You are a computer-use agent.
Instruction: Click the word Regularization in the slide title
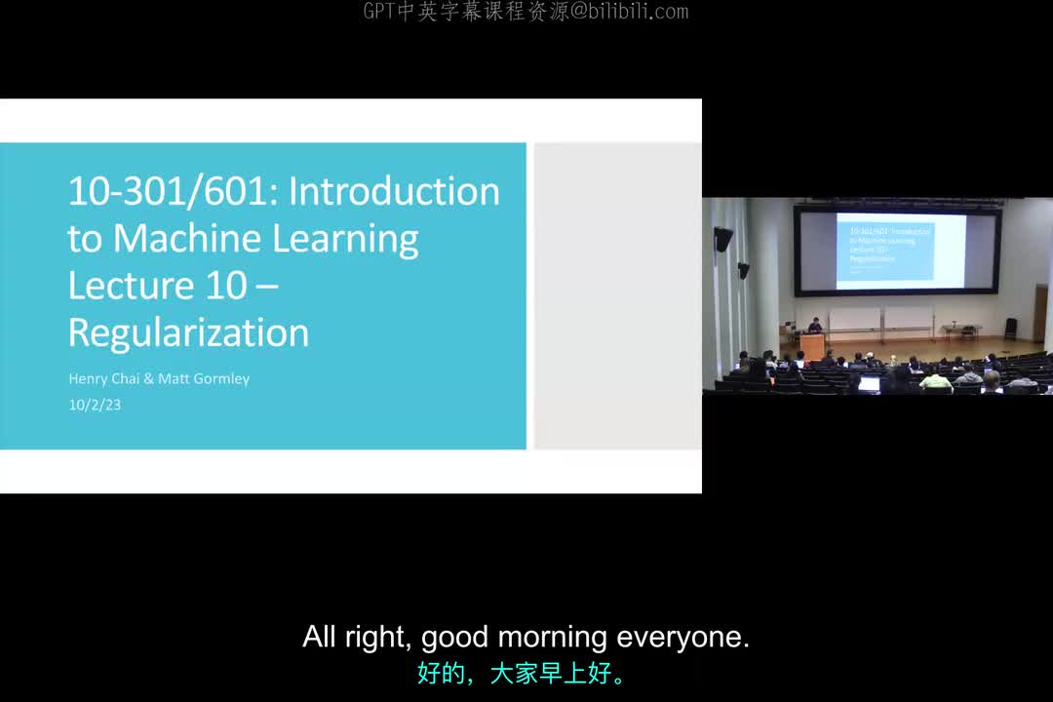tap(188, 333)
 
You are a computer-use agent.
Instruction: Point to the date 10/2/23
tap(95, 405)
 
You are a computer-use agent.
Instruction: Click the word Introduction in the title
tap(394, 191)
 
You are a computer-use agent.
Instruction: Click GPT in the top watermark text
tap(379, 12)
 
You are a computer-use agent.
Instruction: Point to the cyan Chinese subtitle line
tap(526, 674)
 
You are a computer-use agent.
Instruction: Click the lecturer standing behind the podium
tap(814, 326)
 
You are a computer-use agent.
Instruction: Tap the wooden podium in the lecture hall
tap(813, 346)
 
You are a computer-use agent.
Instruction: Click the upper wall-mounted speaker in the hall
tap(722, 239)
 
